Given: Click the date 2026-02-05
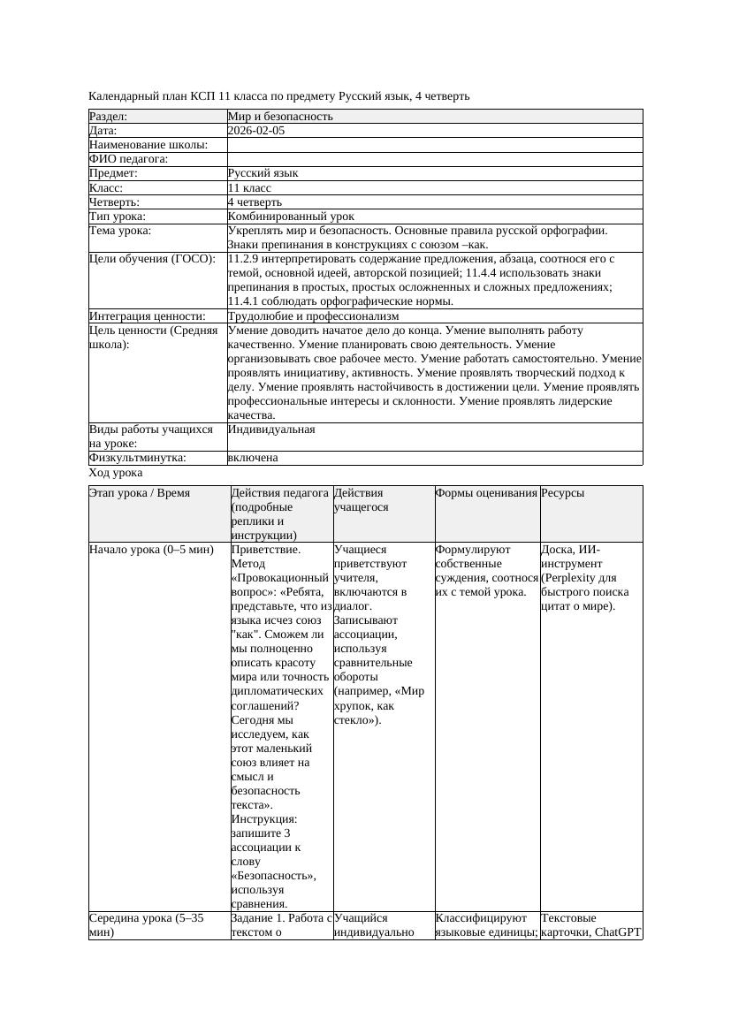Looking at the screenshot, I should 255,131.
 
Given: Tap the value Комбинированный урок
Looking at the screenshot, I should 291,217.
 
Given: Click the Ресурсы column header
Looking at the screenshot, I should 563,493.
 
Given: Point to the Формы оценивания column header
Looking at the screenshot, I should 486,493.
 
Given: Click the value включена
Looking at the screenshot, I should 253,458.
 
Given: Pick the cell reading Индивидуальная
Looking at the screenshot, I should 271,430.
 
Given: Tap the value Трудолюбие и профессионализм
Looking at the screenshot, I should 313,316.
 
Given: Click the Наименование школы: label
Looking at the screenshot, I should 148,145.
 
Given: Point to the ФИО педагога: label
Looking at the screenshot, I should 129,159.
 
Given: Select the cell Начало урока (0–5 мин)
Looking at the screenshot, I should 151,550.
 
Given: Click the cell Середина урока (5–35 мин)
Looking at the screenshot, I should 146,925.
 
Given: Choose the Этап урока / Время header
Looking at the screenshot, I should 140,493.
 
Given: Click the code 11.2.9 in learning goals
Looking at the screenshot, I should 245,259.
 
